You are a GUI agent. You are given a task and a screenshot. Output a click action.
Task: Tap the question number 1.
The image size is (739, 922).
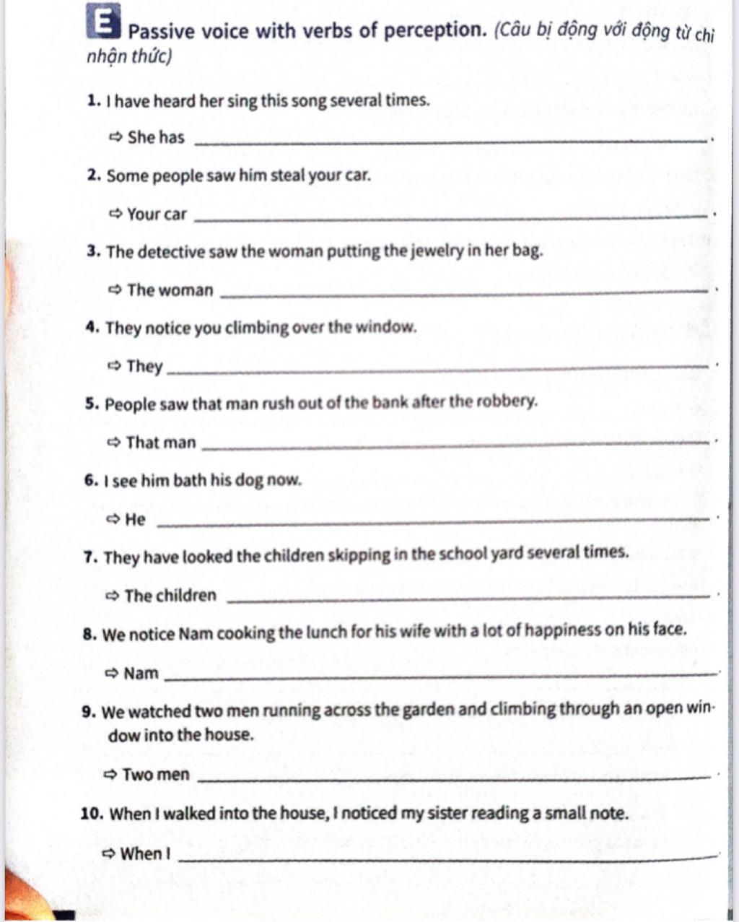pos(92,100)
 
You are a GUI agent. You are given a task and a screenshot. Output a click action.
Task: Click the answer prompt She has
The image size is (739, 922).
pos(155,137)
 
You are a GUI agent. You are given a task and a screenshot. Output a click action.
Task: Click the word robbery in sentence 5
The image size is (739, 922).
pos(510,401)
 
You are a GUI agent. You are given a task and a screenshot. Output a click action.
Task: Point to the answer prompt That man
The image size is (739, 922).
pos(160,443)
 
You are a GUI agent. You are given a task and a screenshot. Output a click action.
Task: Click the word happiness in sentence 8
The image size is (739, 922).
pos(561,630)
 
